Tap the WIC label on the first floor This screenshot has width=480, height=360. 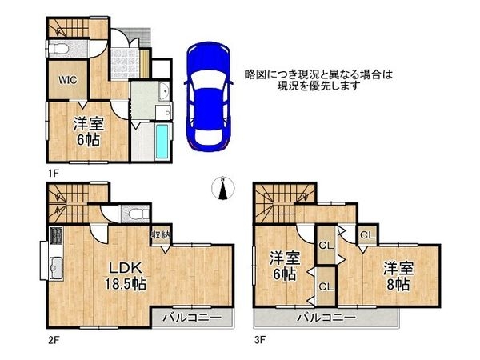click(x=66, y=81)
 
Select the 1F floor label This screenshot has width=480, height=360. click(x=52, y=170)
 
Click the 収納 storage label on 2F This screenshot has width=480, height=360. click(x=160, y=234)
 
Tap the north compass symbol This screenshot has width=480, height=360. click(x=224, y=189)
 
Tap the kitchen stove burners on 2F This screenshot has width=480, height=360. click(x=57, y=237)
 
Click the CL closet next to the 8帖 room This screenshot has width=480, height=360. click(x=366, y=235)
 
